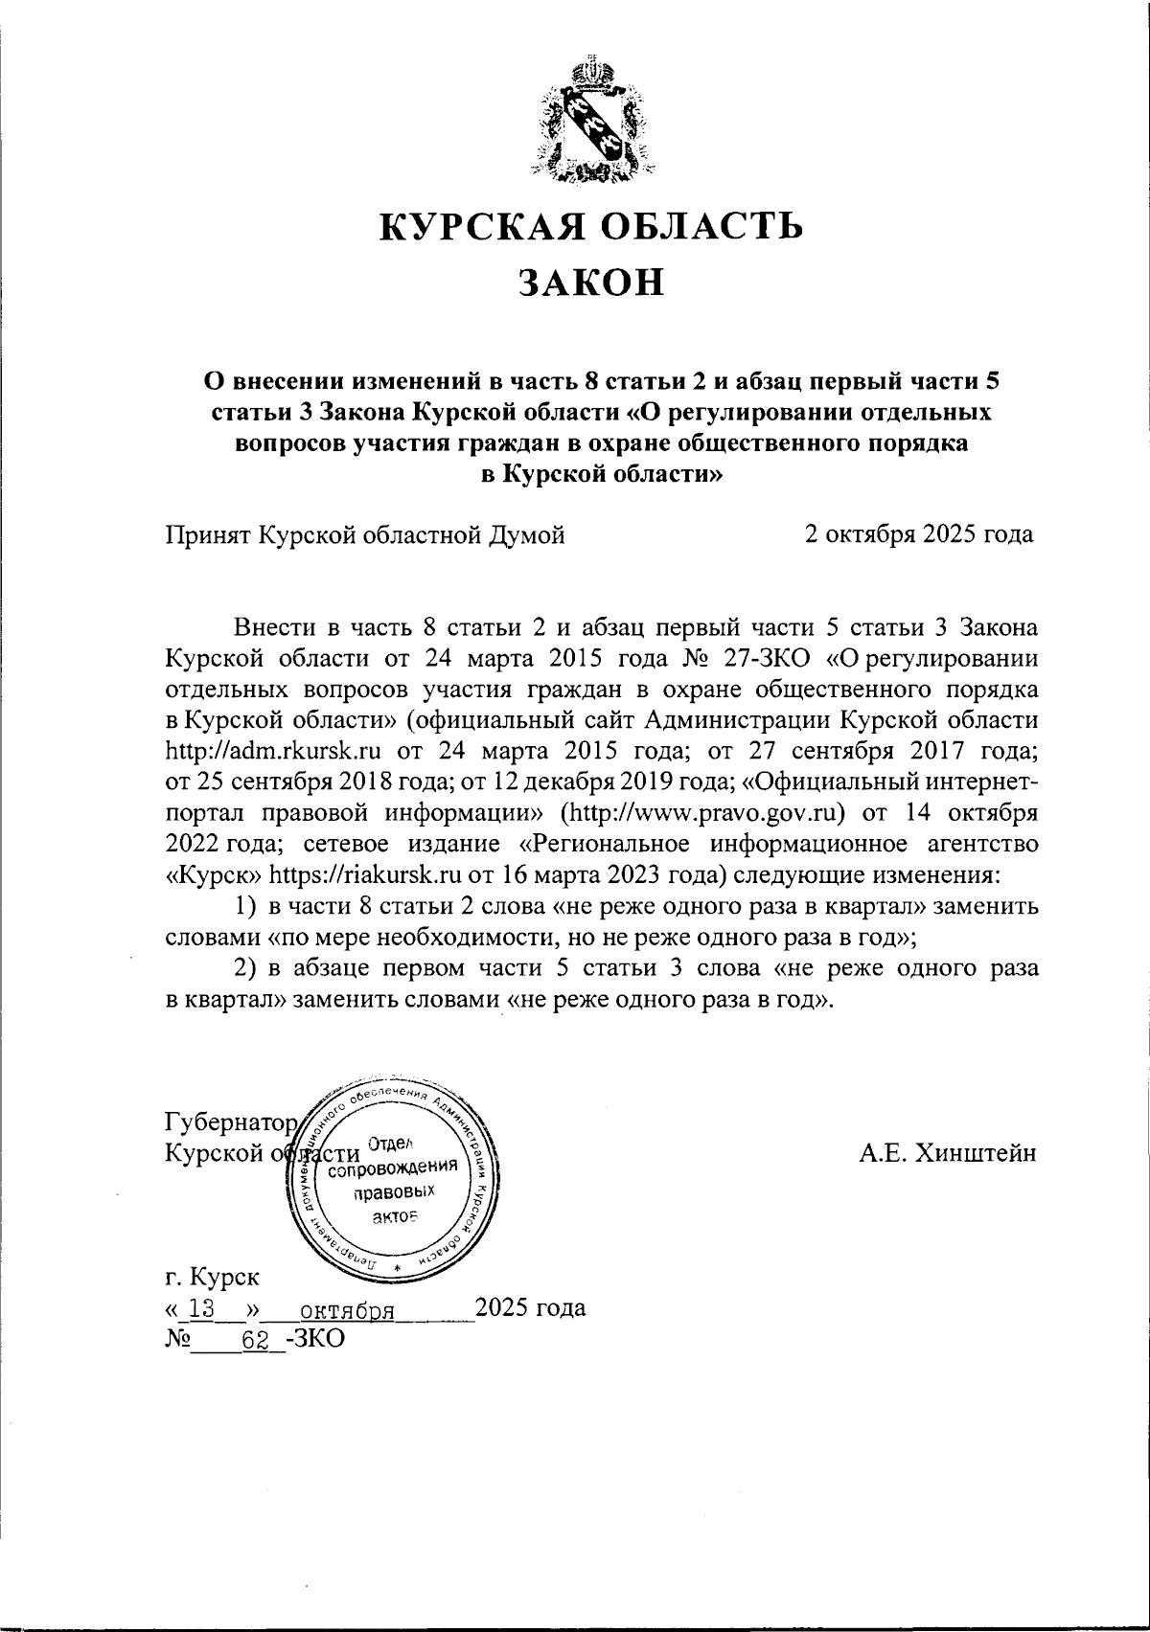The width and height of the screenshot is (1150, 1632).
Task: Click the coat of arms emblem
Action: [x=591, y=124]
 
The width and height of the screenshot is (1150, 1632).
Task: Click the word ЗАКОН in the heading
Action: [x=590, y=283]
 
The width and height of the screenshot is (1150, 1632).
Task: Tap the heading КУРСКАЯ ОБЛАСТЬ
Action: [x=591, y=226]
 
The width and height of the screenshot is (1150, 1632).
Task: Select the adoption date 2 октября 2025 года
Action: [x=919, y=534]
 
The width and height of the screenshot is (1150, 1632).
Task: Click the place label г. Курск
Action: [x=212, y=1277]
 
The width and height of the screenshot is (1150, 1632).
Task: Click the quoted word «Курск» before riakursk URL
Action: [x=214, y=874]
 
